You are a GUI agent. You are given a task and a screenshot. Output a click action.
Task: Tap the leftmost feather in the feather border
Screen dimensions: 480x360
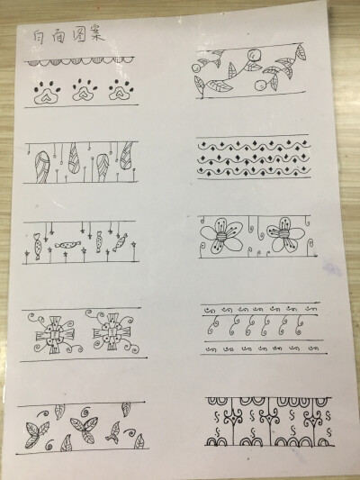[41, 167]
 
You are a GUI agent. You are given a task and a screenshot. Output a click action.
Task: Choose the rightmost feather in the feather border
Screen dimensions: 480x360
[129, 159]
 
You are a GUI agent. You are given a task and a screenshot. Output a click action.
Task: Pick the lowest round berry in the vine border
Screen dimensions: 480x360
[261, 86]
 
